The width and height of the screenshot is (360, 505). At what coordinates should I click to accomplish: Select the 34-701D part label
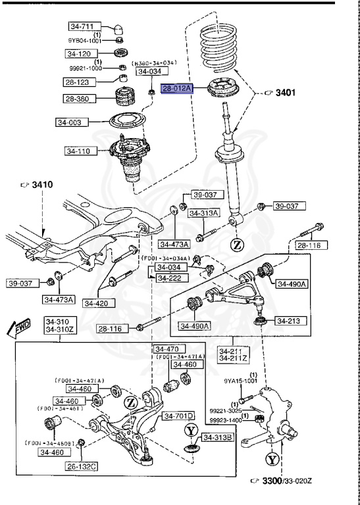[179, 416]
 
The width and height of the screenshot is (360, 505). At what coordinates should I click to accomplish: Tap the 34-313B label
[217, 437]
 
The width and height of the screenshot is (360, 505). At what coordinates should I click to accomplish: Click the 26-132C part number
[82, 466]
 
